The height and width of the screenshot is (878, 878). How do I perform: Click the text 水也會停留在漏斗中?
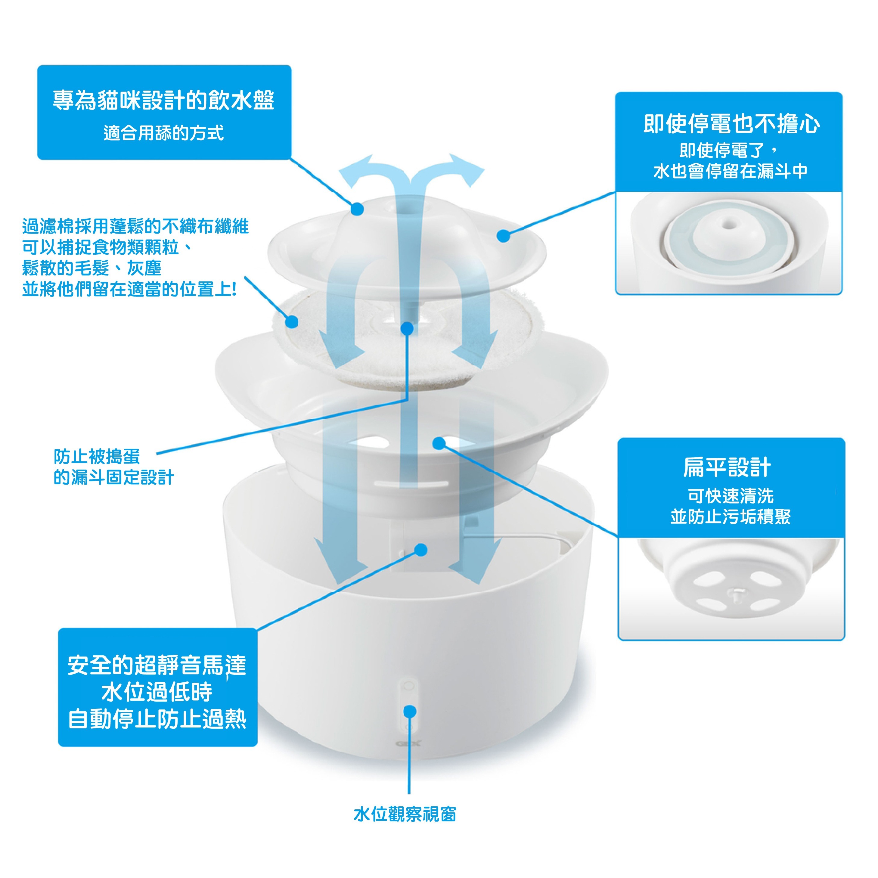pyautogui.click(x=730, y=171)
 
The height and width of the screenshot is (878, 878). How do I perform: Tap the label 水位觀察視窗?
pyautogui.click(x=405, y=814)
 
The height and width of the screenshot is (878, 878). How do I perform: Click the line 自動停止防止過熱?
pyautogui.click(x=157, y=719)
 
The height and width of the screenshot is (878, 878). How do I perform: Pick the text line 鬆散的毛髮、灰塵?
pyautogui.click(x=91, y=268)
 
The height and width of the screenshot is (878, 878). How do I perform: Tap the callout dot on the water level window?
pyautogui.click(x=409, y=711)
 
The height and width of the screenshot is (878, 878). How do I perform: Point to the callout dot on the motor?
pyautogui.click(x=421, y=550)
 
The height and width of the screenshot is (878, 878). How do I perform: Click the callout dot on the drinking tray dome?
pyautogui.click(x=358, y=209)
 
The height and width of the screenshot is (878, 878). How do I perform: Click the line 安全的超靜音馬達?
pyautogui.click(x=157, y=665)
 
